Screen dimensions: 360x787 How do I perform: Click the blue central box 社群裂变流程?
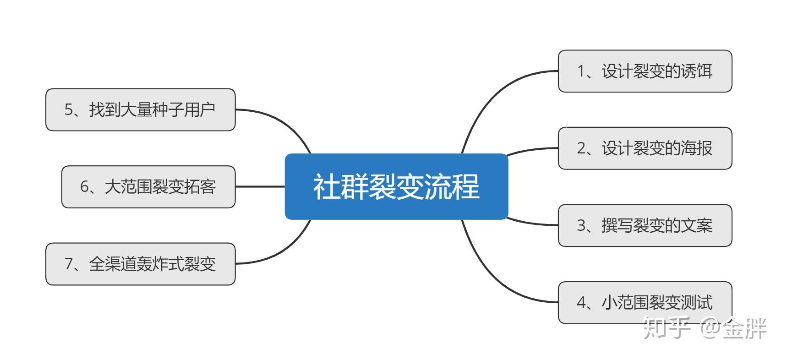[x=396, y=186]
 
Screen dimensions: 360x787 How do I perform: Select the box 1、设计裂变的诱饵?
[x=645, y=71]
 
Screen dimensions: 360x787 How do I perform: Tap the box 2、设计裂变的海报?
[x=645, y=148]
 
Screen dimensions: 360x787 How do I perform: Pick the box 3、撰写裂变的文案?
[x=645, y=225]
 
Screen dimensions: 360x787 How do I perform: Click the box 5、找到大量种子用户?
[x=140, y=110]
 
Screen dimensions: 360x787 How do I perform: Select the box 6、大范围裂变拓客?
[x=148, y=187]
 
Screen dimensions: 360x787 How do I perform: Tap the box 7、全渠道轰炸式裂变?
[x=140, y=264]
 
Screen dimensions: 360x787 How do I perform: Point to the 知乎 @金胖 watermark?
[x=704, y=328]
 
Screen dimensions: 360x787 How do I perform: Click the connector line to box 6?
[x=260, y=187]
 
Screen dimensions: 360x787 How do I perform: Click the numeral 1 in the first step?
[x=581, y=71]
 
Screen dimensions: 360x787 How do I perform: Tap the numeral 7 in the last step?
[x=69, y=264]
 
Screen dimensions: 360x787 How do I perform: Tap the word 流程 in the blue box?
[x=452, y=186]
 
